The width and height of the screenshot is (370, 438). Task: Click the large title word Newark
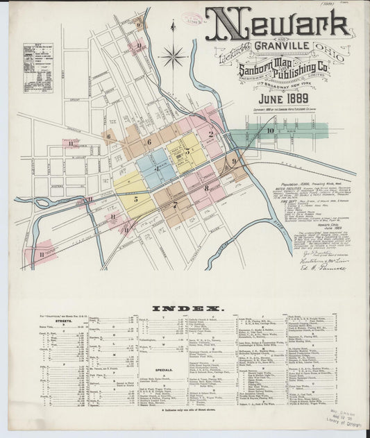pos(278,25)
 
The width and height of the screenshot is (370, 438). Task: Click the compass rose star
pos(172,55)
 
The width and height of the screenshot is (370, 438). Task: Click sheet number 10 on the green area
pos(270,130)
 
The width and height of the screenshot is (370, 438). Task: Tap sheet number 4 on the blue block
pos(157,169)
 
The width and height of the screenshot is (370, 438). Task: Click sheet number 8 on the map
pos(205,187)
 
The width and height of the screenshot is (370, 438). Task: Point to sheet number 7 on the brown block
pos(174,205)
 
